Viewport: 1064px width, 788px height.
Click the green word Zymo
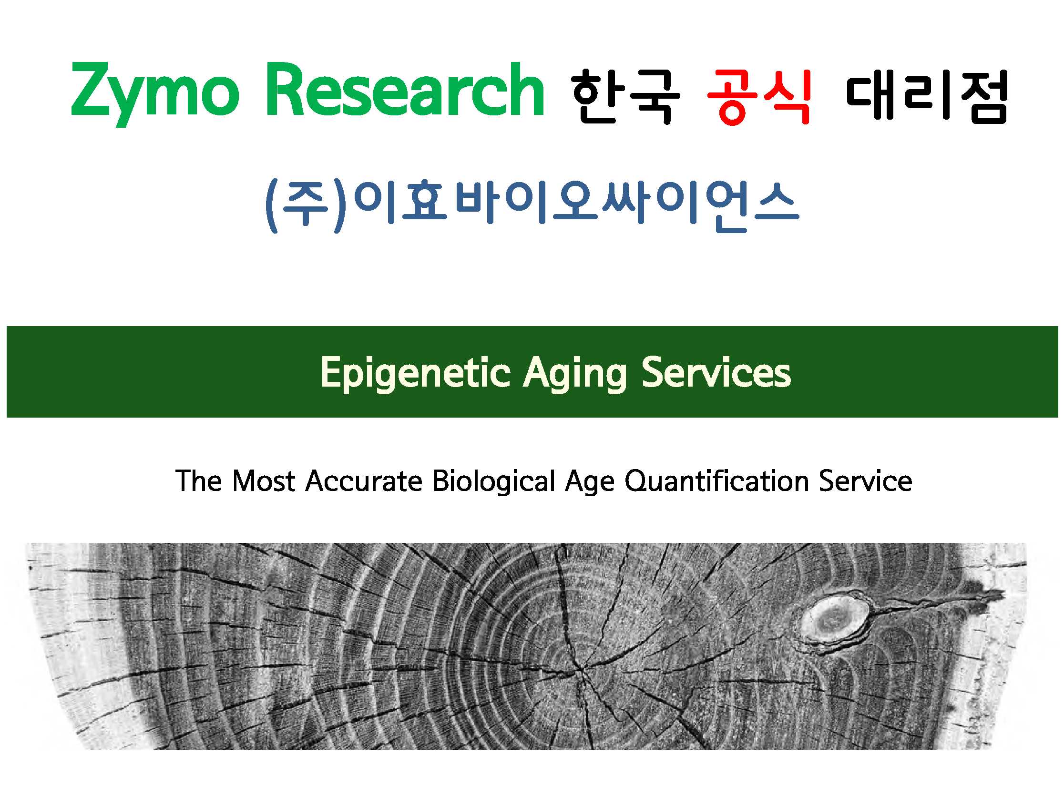point(154,94)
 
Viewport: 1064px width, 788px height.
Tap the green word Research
point(405,89)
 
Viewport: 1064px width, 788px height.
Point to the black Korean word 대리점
point(927,97)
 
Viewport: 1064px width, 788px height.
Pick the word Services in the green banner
point(716,372)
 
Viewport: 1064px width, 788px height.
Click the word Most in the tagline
point(264,481)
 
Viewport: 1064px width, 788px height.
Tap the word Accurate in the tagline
point(364,481)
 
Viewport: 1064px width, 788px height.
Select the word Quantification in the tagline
point(716,481)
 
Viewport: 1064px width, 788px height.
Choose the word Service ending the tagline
point(865,481)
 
